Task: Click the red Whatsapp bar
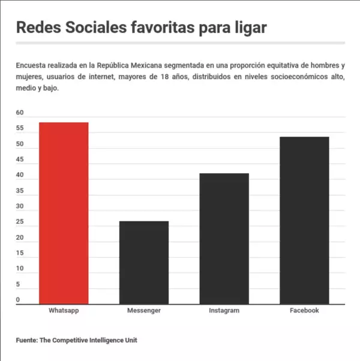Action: [64, 213]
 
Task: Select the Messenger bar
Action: [143, 263]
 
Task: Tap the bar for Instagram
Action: [224, 239]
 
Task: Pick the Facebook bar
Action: [304, 220]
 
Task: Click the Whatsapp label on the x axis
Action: [64, 311]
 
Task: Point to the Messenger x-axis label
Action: [143, 311]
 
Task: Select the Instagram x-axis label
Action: [224, 311]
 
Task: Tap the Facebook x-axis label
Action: [304, 311]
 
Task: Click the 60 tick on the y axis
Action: [20, 113]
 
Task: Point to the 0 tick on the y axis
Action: [18, 300]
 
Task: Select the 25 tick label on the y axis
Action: [20, 222]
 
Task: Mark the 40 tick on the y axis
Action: [20, 175]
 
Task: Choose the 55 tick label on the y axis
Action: [20, 128]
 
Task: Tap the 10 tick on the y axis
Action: [20, 269]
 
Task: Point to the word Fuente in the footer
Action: [26, 340]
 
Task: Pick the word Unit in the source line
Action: [131, 340]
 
